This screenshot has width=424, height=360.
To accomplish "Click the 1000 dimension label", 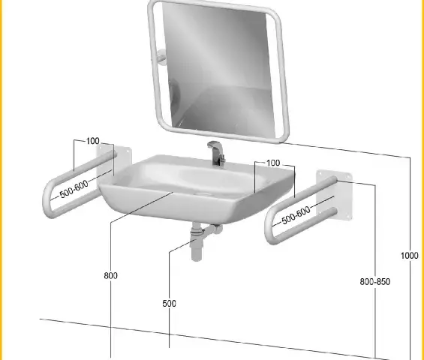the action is [410, 256].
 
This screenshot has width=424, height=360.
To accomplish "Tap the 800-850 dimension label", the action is [374, 281].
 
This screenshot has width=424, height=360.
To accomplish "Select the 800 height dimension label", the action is [110, 276].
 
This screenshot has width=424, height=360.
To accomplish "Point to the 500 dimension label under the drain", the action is [170, 304].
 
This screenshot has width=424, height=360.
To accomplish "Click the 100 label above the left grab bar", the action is [93, 141].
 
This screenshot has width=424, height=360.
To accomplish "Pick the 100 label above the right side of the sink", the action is [273, 163].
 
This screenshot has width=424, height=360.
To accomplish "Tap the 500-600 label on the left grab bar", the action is [74, 189].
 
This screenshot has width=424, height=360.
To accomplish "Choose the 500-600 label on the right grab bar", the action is [296, 215].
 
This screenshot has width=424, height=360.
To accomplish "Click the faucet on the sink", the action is [217, 153].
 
